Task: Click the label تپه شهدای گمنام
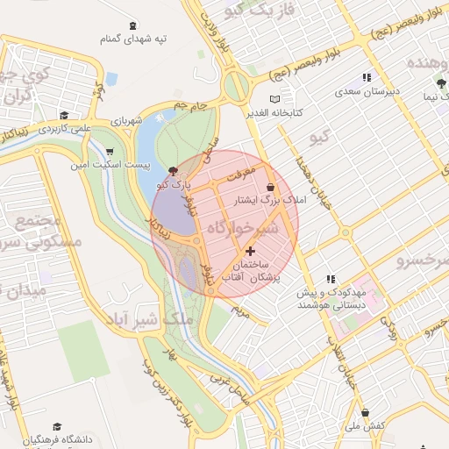tap(132, 39)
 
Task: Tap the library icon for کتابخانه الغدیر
tap(277, 98)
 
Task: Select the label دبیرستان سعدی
tap(366, 90)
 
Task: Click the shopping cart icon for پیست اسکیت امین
tap(109, 151)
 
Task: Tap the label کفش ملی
tap(365, 425)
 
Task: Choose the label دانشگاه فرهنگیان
tap(53, 439)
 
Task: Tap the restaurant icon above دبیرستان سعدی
tap(366, 77)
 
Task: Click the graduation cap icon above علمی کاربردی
tap(63, 115)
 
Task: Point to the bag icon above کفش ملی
tap(365, 412)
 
